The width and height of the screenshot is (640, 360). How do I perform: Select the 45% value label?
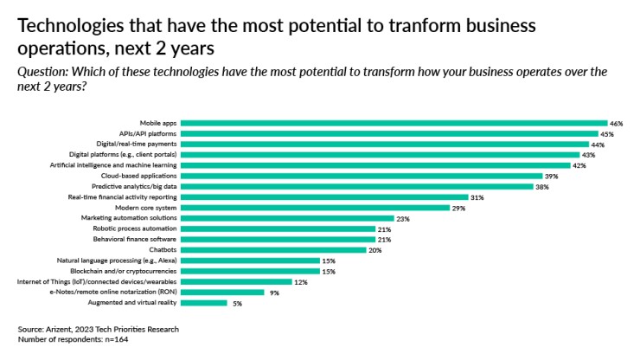pos(607,134)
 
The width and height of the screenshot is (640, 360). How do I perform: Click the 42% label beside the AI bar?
pos(579,165)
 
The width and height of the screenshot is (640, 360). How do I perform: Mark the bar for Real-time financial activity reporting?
pos(323,196)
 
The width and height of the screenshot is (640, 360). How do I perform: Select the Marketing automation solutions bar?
pos(286,218)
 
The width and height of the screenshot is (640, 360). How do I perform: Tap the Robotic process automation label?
pos(135,228)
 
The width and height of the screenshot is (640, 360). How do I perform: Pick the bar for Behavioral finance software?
pos(277,239)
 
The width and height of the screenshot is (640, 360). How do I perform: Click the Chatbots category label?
pos(162,249)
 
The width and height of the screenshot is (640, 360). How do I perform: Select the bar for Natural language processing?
pos(249,260)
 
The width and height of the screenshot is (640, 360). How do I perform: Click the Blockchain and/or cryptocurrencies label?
pos(123,271)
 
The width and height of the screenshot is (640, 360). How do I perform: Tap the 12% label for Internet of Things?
pos(299,281)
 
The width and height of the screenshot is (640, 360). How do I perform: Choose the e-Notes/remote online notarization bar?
pos(222,292)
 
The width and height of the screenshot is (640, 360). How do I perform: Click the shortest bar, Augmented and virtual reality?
pos(203,303)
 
